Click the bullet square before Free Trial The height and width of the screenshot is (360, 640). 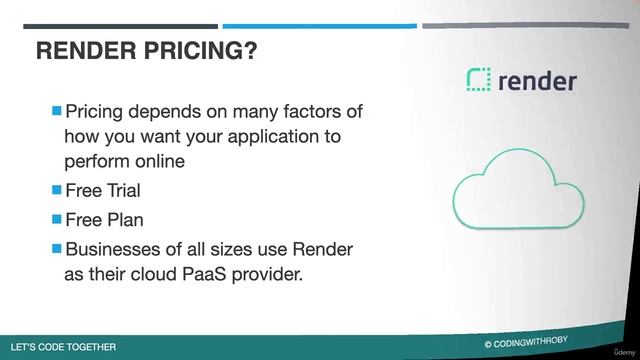pyautogui.click(x=56, y=188)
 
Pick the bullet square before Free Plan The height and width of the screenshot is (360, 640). pyautogui.click(x=56, y=217)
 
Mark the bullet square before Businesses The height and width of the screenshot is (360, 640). pyautogui.click(x=56, y=246)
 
